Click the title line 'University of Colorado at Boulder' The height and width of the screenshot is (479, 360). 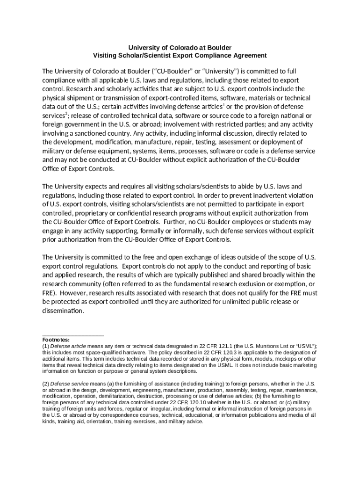[180, 48]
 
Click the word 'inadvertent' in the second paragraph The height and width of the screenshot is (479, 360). [259, 196]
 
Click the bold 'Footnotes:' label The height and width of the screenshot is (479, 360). [56, 340]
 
